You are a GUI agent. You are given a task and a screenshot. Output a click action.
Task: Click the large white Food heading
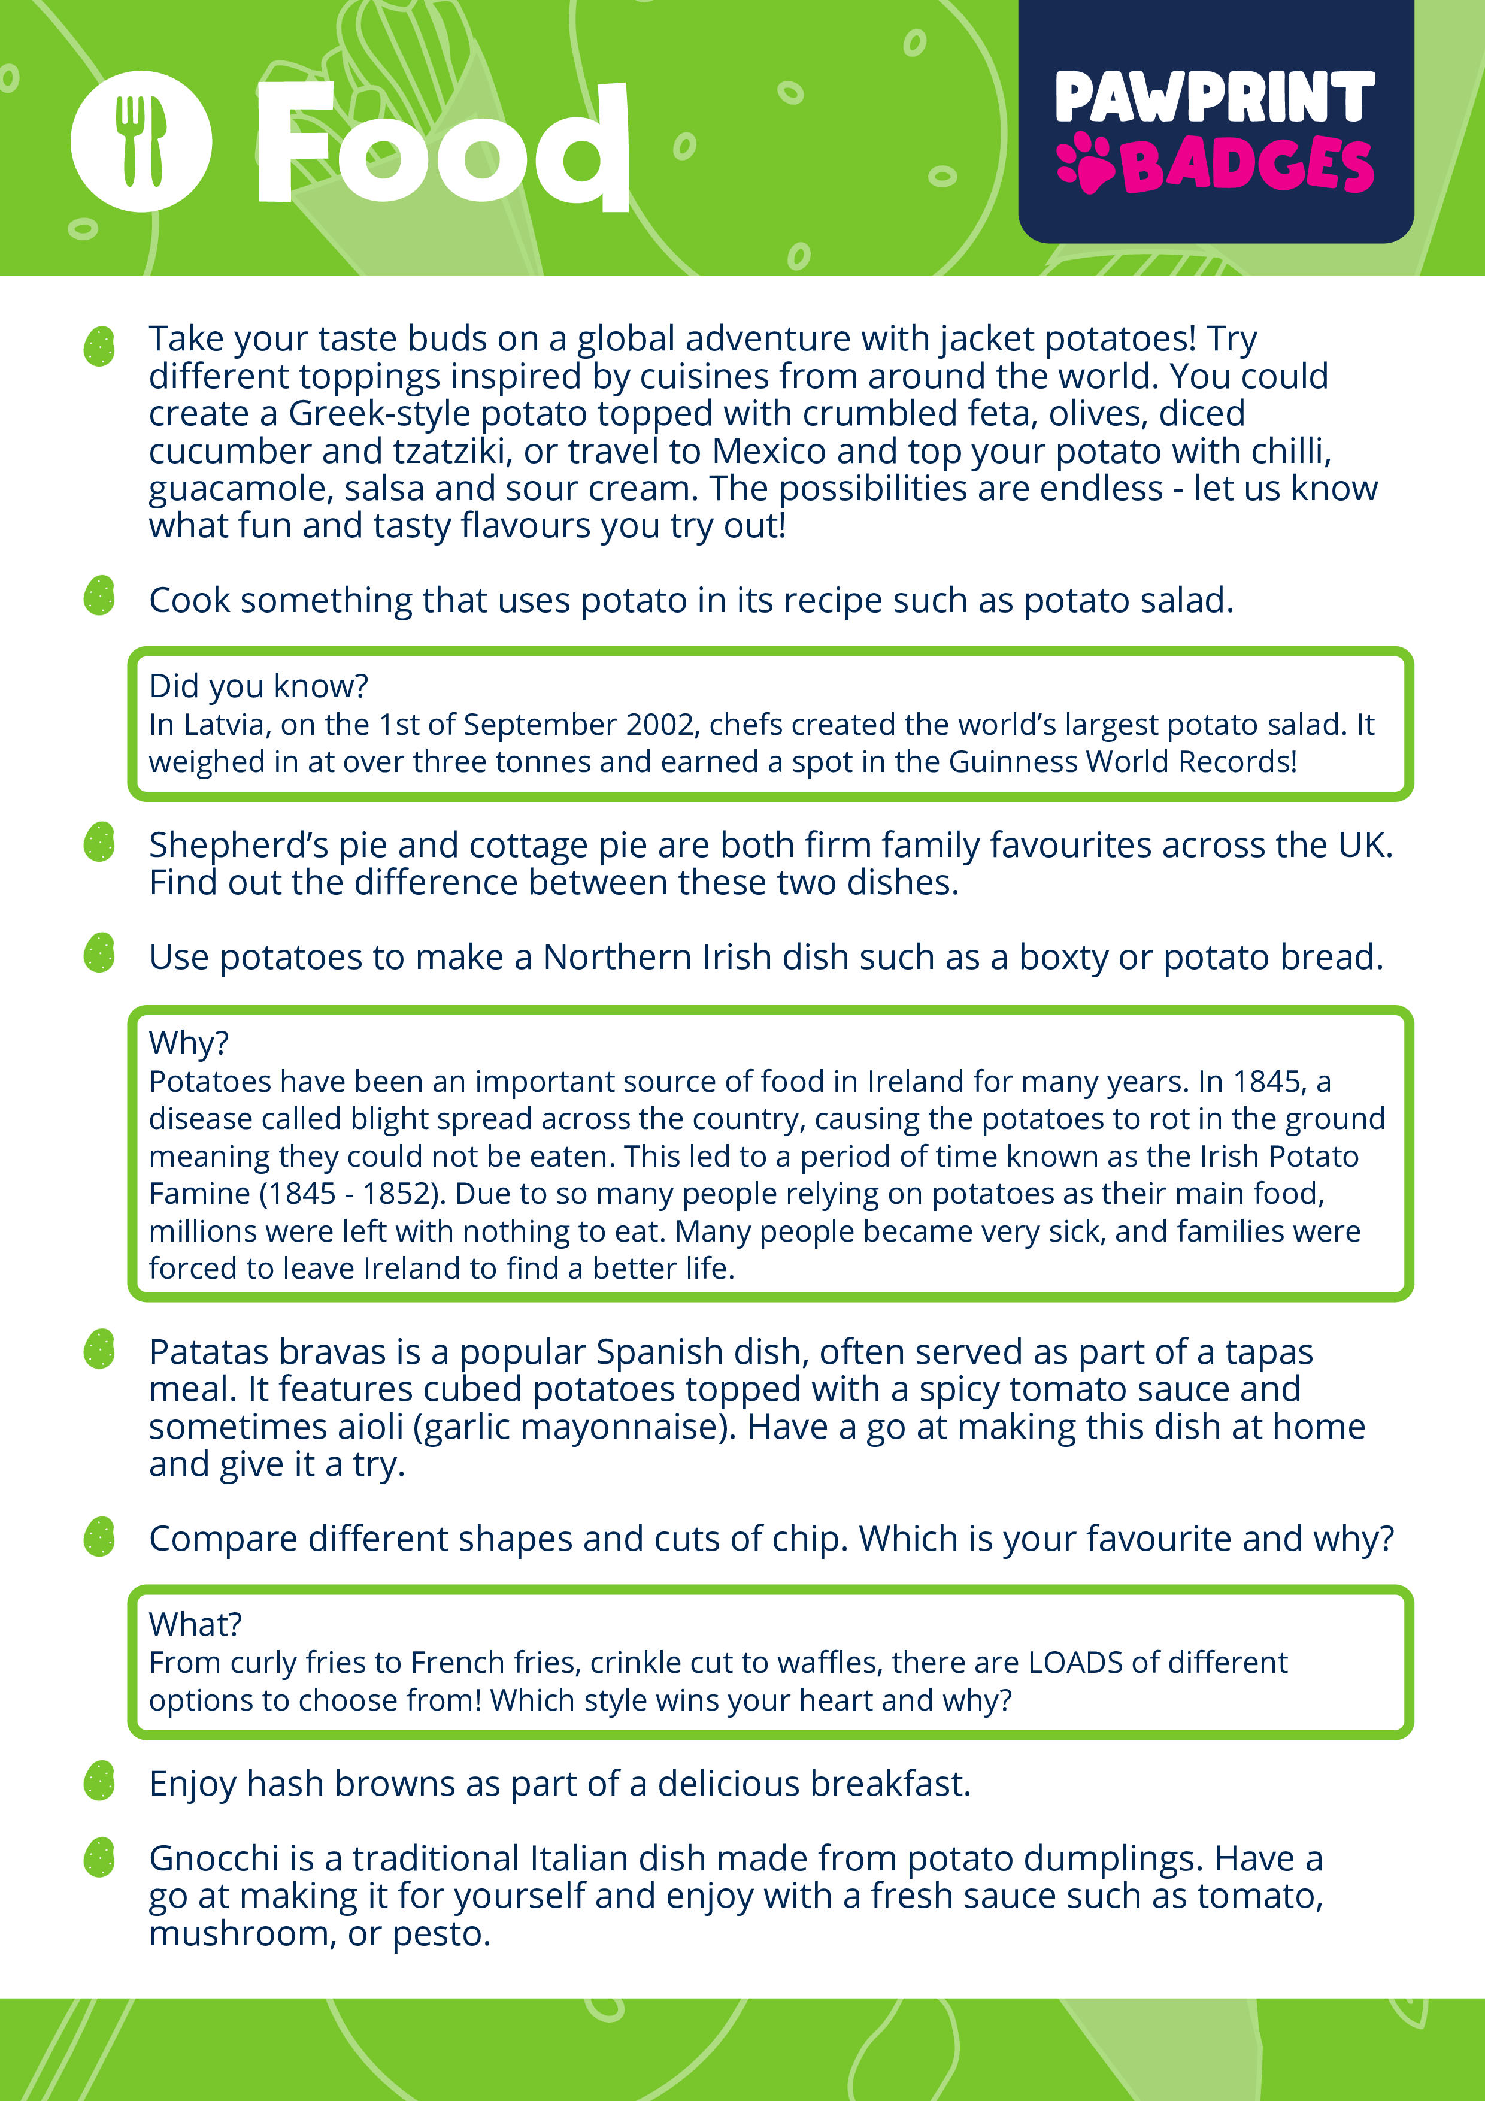[443, 144]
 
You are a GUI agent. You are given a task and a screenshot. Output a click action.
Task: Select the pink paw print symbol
[1084, 164]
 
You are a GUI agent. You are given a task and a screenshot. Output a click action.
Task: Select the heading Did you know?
[259, 685]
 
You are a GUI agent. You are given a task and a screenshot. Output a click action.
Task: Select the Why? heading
[189, 1042]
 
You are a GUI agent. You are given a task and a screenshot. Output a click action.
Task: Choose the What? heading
[195, 1623]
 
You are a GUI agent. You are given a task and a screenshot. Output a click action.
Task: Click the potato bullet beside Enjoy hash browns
[99, 1781]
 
